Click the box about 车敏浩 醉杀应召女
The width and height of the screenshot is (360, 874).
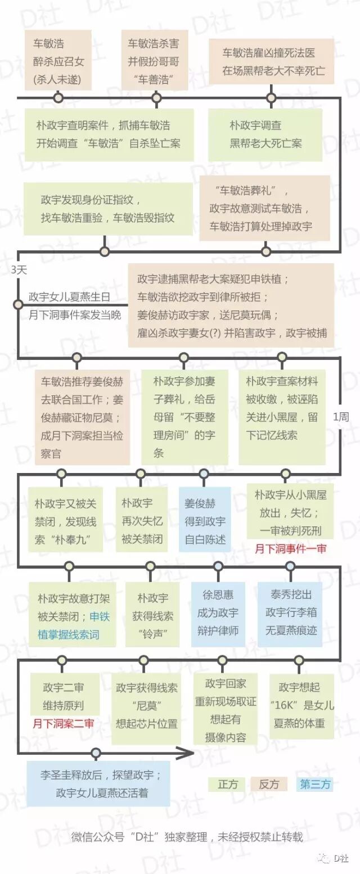pos(58,60)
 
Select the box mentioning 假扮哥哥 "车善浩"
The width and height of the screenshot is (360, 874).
pos(153,60)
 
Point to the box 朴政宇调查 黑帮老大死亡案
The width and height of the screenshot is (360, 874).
pos(265,134)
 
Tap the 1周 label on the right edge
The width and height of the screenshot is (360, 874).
pos(341,417)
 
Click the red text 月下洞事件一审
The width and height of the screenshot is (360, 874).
pos(290,548)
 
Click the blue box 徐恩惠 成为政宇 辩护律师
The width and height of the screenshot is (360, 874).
pos(218,612)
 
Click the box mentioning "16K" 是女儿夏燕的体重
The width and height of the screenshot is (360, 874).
pos(301,705)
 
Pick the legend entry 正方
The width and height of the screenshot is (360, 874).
pos(227,784)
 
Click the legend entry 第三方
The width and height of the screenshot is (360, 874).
pos(315,784)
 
